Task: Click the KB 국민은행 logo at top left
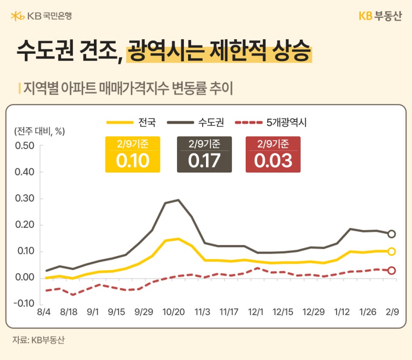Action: (41, 16)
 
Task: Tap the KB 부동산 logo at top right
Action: (380, 16)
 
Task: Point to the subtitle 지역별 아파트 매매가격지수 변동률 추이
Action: (128, 88)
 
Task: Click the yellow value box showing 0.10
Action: (133, 155)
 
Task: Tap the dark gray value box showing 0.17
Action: (204, 155)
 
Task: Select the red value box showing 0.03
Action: (273, 155)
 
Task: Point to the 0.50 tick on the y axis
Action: (24, 146)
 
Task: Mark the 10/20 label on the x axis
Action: (174, 312)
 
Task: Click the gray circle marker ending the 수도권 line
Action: (392, 234)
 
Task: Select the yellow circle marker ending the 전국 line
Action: (392, 251)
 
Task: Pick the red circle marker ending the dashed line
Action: (392, 271)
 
